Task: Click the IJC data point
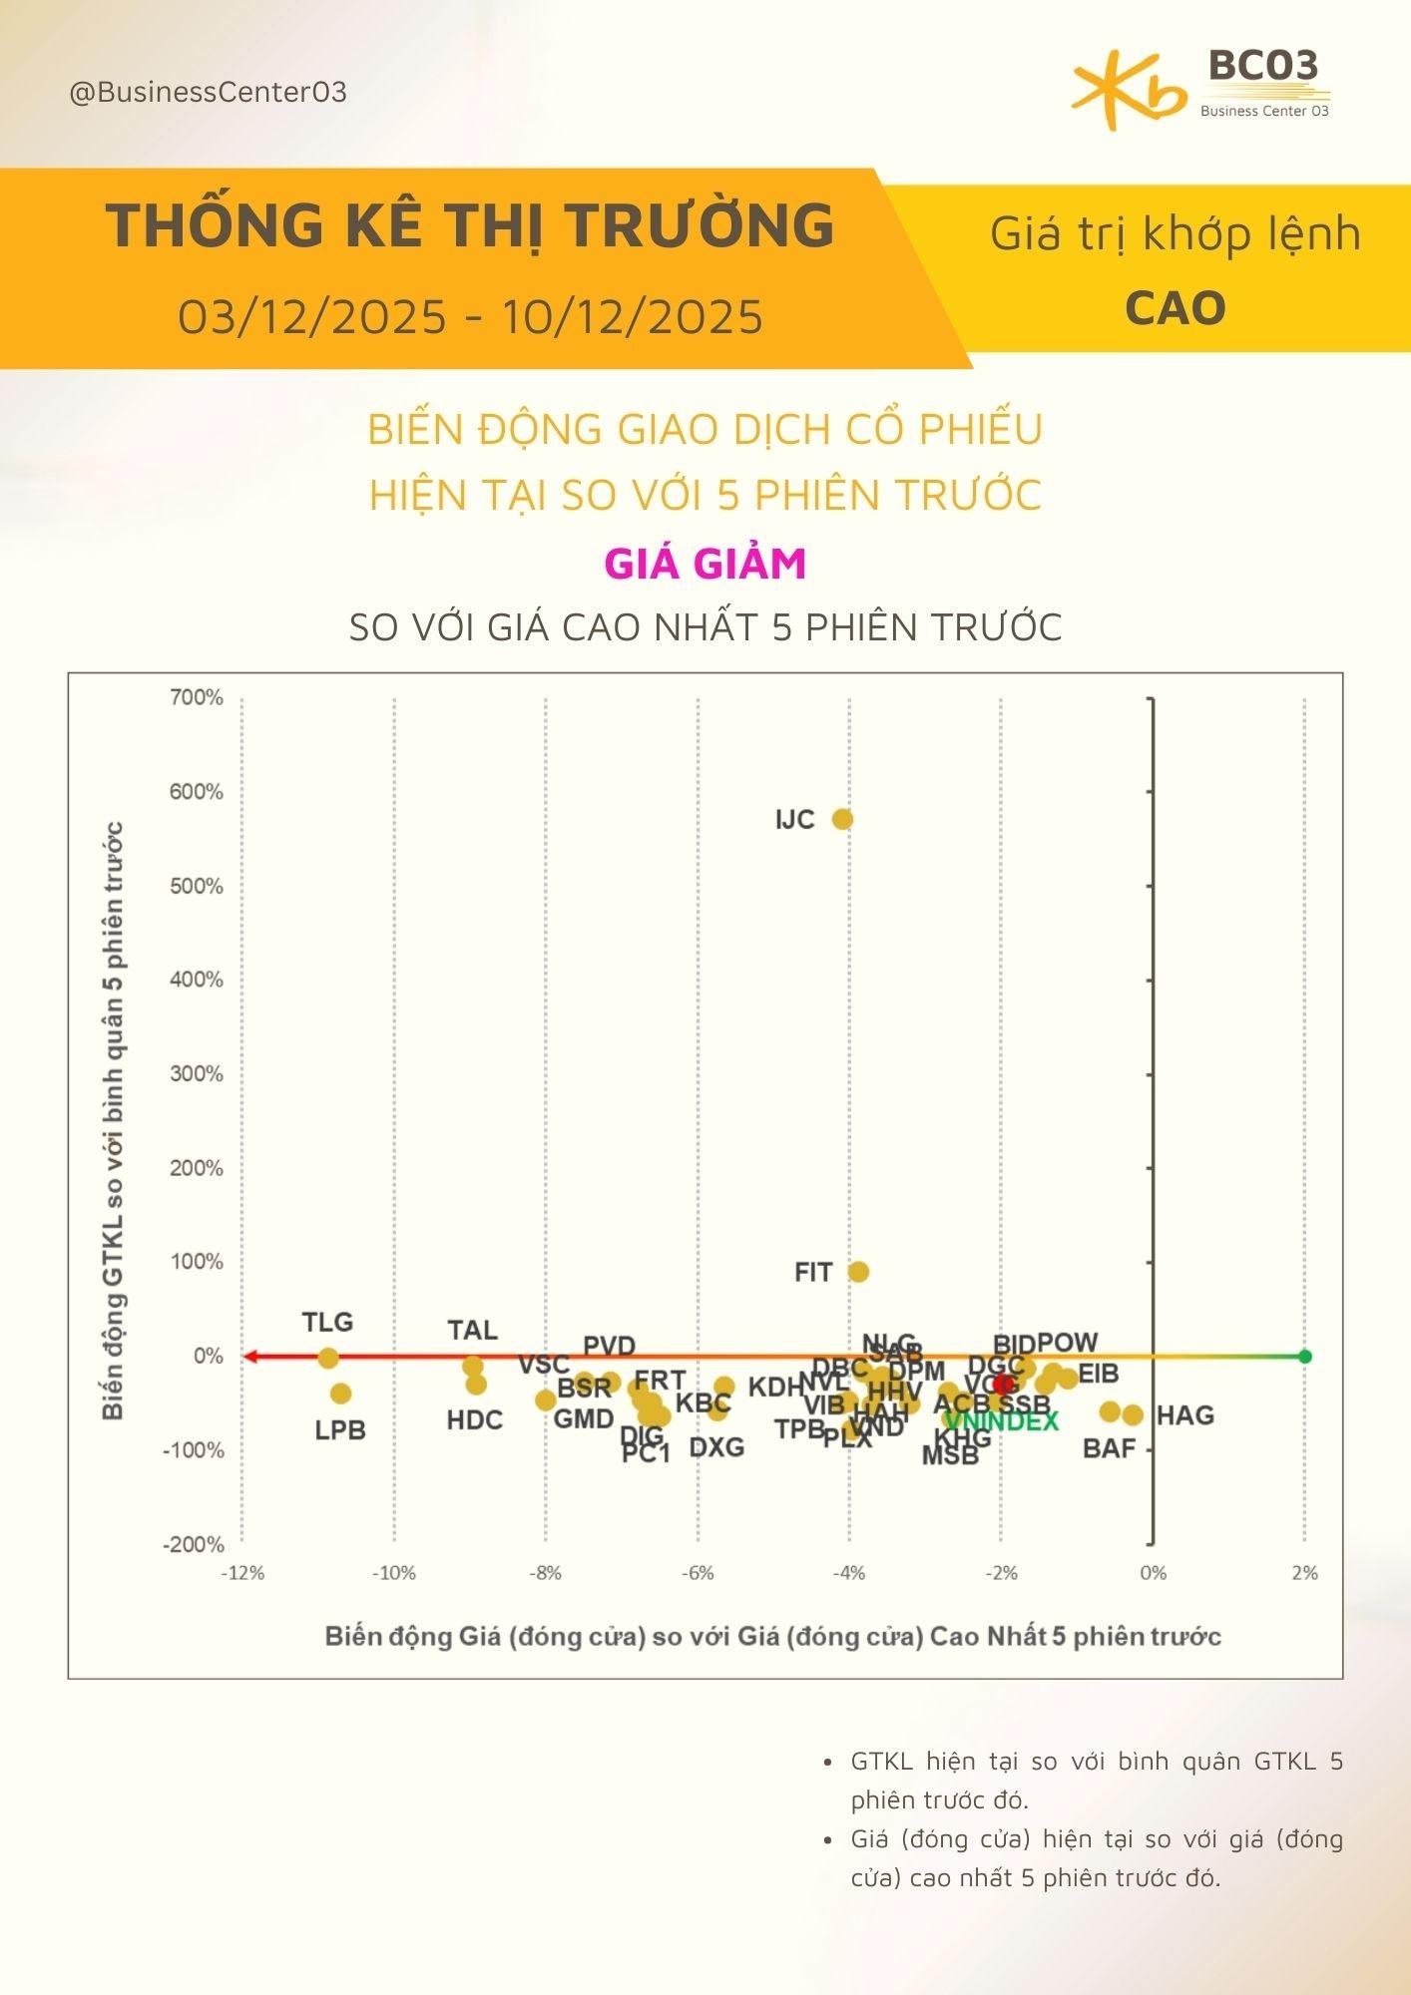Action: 842,819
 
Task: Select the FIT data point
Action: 858,1272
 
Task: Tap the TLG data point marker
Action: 328,1358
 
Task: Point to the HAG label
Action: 1184,1415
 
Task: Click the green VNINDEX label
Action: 1002,1421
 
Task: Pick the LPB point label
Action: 340,1430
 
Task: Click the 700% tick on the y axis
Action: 197,697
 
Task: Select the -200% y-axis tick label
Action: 194,1544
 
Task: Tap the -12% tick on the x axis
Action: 242,1573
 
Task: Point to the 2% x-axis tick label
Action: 1304,1573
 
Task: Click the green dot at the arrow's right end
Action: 1304,1357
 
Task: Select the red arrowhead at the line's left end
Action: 250,1357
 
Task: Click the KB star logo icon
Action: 1129,90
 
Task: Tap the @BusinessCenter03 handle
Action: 209,93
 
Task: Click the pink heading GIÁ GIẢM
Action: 705,564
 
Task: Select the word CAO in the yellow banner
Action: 1175,308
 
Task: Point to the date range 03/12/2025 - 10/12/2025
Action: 470,317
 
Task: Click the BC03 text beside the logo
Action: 1263,67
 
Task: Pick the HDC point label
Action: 474,1420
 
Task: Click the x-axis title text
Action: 772,1637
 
